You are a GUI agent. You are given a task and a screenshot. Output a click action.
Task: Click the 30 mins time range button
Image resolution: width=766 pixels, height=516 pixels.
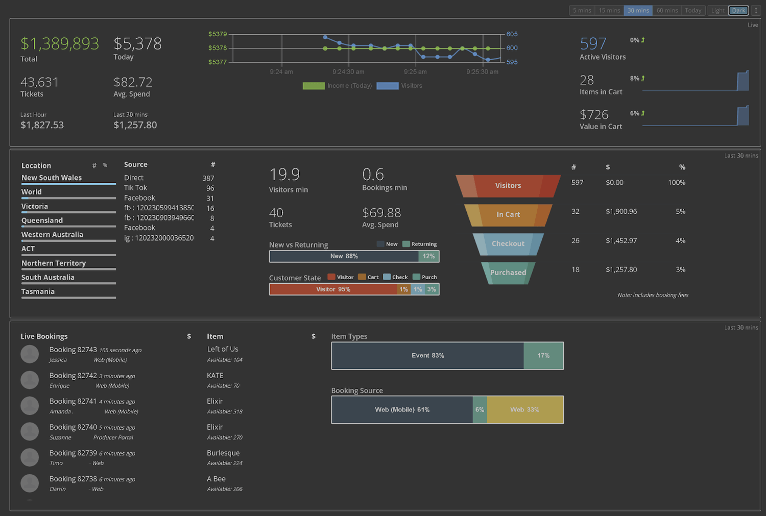pyautogui.click(x=638, y=10)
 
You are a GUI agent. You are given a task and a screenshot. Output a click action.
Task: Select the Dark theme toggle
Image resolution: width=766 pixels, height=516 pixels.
pyautogui.click(x=738, y=10)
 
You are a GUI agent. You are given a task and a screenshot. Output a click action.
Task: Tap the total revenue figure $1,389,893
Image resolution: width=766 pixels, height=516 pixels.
pyautogui.click(x=60, y=44)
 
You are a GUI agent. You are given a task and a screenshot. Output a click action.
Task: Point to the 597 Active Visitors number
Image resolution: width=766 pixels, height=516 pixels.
pyautogui.click(x=593, y=44)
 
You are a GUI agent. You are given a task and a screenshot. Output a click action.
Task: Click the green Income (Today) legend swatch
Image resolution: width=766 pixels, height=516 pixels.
pyautogui.click(x=314, y=86)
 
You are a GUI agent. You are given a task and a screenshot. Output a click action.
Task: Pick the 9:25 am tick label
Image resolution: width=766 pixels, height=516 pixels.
pyautogui.click(x=415, y=72)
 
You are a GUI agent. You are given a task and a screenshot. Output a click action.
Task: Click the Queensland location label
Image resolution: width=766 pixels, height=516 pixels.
pyautogui.click(x=42, y=220)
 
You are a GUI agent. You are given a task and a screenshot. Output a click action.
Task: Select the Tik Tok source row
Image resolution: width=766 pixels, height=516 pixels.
pyautogui.click(x=135, y=188)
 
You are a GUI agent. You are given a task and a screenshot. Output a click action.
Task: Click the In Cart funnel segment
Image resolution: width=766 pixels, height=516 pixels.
pyautogui.click(x=508, y=215)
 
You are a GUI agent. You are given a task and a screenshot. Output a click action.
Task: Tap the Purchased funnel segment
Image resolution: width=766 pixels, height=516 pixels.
pyautogui.click(x=508, y=273)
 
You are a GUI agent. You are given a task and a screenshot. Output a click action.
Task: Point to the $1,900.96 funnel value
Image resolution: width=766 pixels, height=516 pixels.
pyautogui.click(x=621, y=211)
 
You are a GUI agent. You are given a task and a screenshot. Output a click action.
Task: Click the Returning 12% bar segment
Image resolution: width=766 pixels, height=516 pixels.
pyautogui.click(x=428, y=256)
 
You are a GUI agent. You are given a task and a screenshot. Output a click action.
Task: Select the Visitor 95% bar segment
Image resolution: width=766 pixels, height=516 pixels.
pyautogui.click(x=333, y=289)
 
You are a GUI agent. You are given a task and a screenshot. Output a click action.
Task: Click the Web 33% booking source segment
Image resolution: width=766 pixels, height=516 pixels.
pyautogui.click(x=525, y=410)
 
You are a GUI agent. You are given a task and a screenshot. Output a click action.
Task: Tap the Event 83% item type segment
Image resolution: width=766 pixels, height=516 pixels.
pyautogui.click(x=427, y=356)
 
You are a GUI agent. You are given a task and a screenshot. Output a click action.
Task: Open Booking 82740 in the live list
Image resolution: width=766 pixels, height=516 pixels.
pyautogui.click(x=73, y=427)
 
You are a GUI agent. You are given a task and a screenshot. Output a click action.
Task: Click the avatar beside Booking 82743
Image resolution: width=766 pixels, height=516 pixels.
pyautogui.click(x=30, y=354)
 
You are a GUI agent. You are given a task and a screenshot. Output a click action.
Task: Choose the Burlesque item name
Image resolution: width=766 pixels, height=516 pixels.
pyautogui.click(x=223, y=453)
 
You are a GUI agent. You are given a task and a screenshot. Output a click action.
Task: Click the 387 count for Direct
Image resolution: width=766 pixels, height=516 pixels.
pyautogui.click(x=208, y=178)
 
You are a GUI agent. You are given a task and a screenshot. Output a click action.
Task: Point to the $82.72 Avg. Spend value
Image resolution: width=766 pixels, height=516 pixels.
pyautogui.click(x=133, y=82)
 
